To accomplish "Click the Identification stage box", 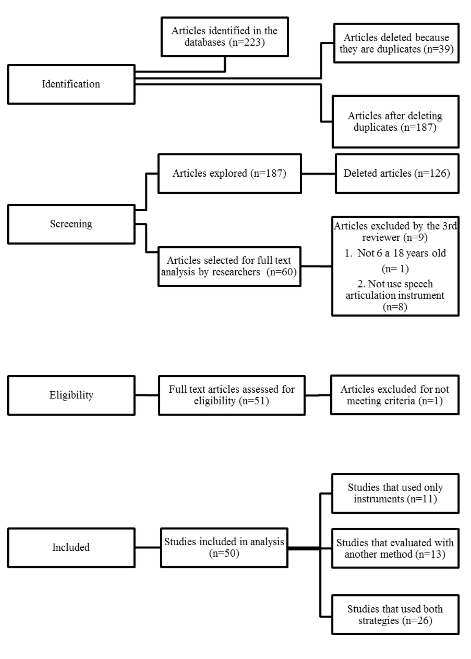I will pos(71,84).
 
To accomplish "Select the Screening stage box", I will pos(71,224).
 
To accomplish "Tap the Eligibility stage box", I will pos(71,395).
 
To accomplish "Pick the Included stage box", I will pos(71,548).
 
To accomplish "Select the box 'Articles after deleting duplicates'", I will pos(395,122).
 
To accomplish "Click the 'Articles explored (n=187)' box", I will pos(229,173).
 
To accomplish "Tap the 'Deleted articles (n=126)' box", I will pos(397,173).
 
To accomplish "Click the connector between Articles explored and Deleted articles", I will pos(318,174).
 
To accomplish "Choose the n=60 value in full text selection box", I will pos(282,272).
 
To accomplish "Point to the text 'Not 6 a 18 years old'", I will pos(401,253).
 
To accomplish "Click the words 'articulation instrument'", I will pos(395,296).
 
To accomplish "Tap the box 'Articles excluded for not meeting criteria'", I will pos(394,395).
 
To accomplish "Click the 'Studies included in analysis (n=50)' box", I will pos(224,548).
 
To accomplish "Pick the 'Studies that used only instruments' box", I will pos(395,493).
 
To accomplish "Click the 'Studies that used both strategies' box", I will pos(395,615).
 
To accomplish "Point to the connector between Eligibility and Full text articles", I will pos(147,395).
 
